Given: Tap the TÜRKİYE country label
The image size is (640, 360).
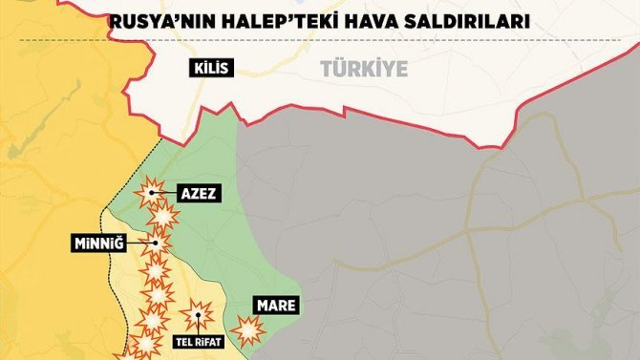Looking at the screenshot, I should [x=364, y=69].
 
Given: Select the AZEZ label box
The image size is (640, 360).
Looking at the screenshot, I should [x=198, y=194].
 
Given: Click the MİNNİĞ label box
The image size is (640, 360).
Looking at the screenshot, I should [x=99, y=244].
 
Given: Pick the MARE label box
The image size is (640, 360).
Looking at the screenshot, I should [x=275, y=306].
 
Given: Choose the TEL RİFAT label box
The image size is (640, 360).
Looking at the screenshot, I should [x=197, y=339].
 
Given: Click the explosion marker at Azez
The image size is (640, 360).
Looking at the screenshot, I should [x=150, y=194].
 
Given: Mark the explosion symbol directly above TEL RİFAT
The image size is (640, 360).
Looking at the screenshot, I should [x=198, y=313].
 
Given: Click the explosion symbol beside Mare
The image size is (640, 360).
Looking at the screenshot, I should [x=248, y=330].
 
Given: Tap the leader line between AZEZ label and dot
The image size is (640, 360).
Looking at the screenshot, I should [x=163, y=194].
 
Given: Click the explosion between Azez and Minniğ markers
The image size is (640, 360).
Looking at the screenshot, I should [x=164, y=218].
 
